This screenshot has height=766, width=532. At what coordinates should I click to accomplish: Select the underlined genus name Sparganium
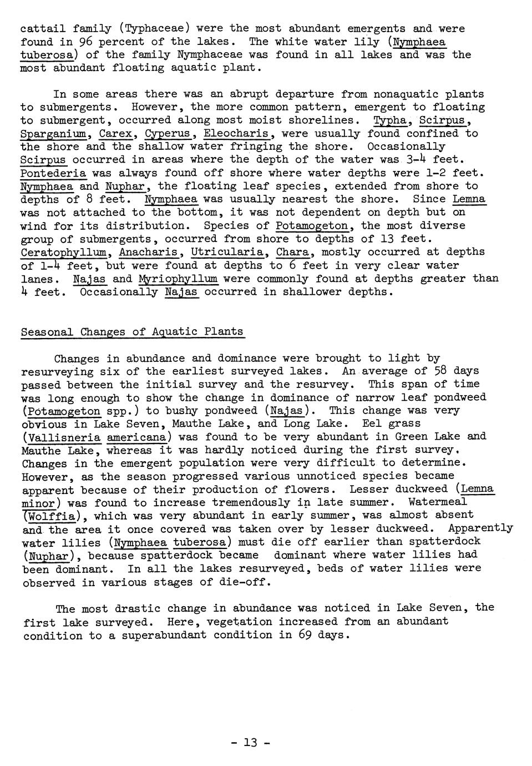[x=53, y=134]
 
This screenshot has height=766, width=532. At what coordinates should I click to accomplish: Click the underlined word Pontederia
[x=53, y=173]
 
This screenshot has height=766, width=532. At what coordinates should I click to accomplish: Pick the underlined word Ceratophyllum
[x=64, y=252]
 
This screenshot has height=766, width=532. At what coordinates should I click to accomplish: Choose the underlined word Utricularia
[x=228, y=252]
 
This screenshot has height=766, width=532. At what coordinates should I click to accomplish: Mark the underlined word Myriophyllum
[x=178, y=279]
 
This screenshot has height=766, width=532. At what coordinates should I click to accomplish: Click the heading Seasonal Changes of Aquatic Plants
[x=132, y=332]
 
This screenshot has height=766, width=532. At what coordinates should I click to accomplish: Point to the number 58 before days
[x=439, y=371]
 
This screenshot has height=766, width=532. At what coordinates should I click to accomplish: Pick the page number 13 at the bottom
[x=251, y=743]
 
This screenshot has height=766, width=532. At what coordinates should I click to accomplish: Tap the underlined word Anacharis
[x=150, y=252]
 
